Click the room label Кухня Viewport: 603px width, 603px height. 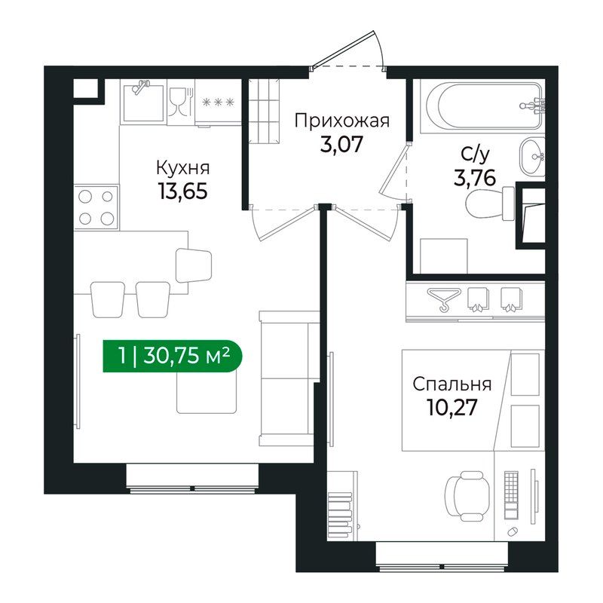(x=183, y=168)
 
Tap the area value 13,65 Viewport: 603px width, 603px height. (x=182, y=191)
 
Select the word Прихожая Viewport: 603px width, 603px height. (x=342, y=121)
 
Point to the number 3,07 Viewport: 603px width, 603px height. (x=341, y=145)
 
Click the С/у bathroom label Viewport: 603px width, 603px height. (x=476, y=155)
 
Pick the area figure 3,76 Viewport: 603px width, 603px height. (x=475, y=178)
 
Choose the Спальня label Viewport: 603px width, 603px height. (x=451, y=384)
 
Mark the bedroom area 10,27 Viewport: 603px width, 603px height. (x=451, y=407)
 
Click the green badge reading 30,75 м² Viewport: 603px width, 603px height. (x=173, y=356)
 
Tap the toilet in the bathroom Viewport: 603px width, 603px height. (x=490, y=204)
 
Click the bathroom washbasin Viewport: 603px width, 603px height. (x=533, y=157)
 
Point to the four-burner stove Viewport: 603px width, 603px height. (x=96, y=208)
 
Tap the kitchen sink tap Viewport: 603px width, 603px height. (x=140, y=86)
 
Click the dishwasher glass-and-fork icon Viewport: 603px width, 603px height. (x=180, y=102)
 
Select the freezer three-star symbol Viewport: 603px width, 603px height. (x=218, y=103)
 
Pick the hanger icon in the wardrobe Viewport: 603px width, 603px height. (x=444, y=298)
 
